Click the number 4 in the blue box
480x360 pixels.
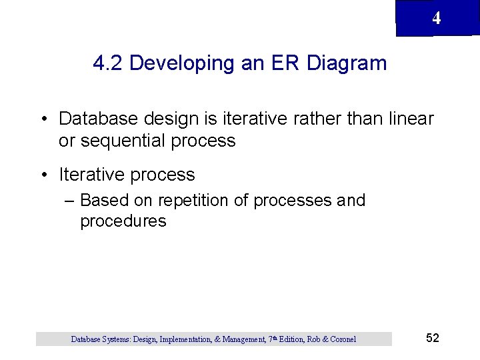[436, 19]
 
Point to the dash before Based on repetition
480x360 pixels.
[70, 201]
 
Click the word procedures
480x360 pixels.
[123, 221]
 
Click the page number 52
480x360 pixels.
[433, 338]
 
